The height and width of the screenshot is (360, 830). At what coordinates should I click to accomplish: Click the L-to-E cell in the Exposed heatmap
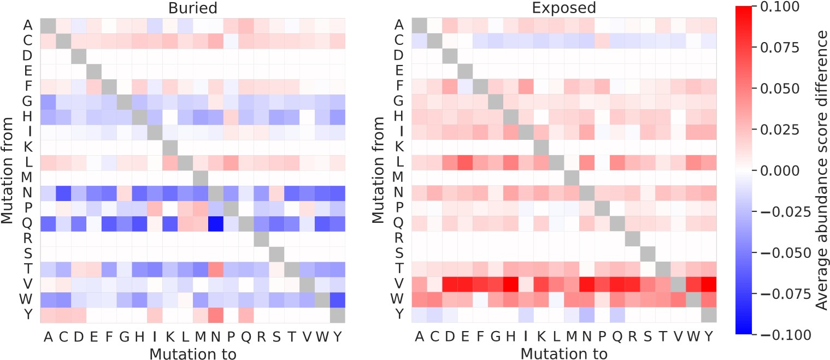[x=465, y=162]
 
